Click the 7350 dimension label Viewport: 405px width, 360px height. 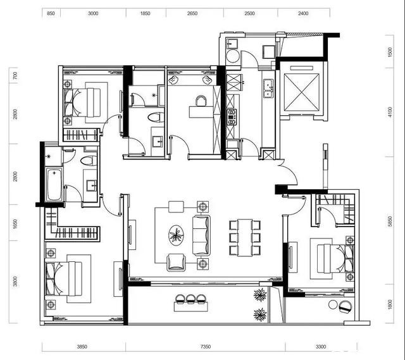tap(206, 347)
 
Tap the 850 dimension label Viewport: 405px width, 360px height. tap(51, 13)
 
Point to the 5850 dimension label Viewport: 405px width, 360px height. tap(390, 221)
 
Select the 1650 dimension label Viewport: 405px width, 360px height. tap(15, 224)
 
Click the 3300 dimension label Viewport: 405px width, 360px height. tap(321, 347)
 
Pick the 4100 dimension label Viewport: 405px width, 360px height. tap(390, 112)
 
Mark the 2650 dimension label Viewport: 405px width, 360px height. tap(192, 13)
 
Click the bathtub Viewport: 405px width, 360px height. tap(54, 184)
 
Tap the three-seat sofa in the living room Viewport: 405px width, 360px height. tap(201, 235)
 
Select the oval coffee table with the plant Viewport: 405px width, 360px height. tap(176, 235)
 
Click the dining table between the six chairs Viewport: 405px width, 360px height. tap(245, 238)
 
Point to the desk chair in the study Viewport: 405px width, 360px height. tap(201, 101)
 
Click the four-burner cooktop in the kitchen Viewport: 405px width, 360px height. tap(232, 117)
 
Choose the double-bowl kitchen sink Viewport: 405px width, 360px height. tap(268, 89)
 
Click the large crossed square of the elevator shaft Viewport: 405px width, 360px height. tap(301, 92)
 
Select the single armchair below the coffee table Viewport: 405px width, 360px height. tap(176, 262)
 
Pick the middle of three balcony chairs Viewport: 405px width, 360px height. tap(190, 299)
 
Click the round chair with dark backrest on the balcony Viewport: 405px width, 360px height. tap(346, 307)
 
